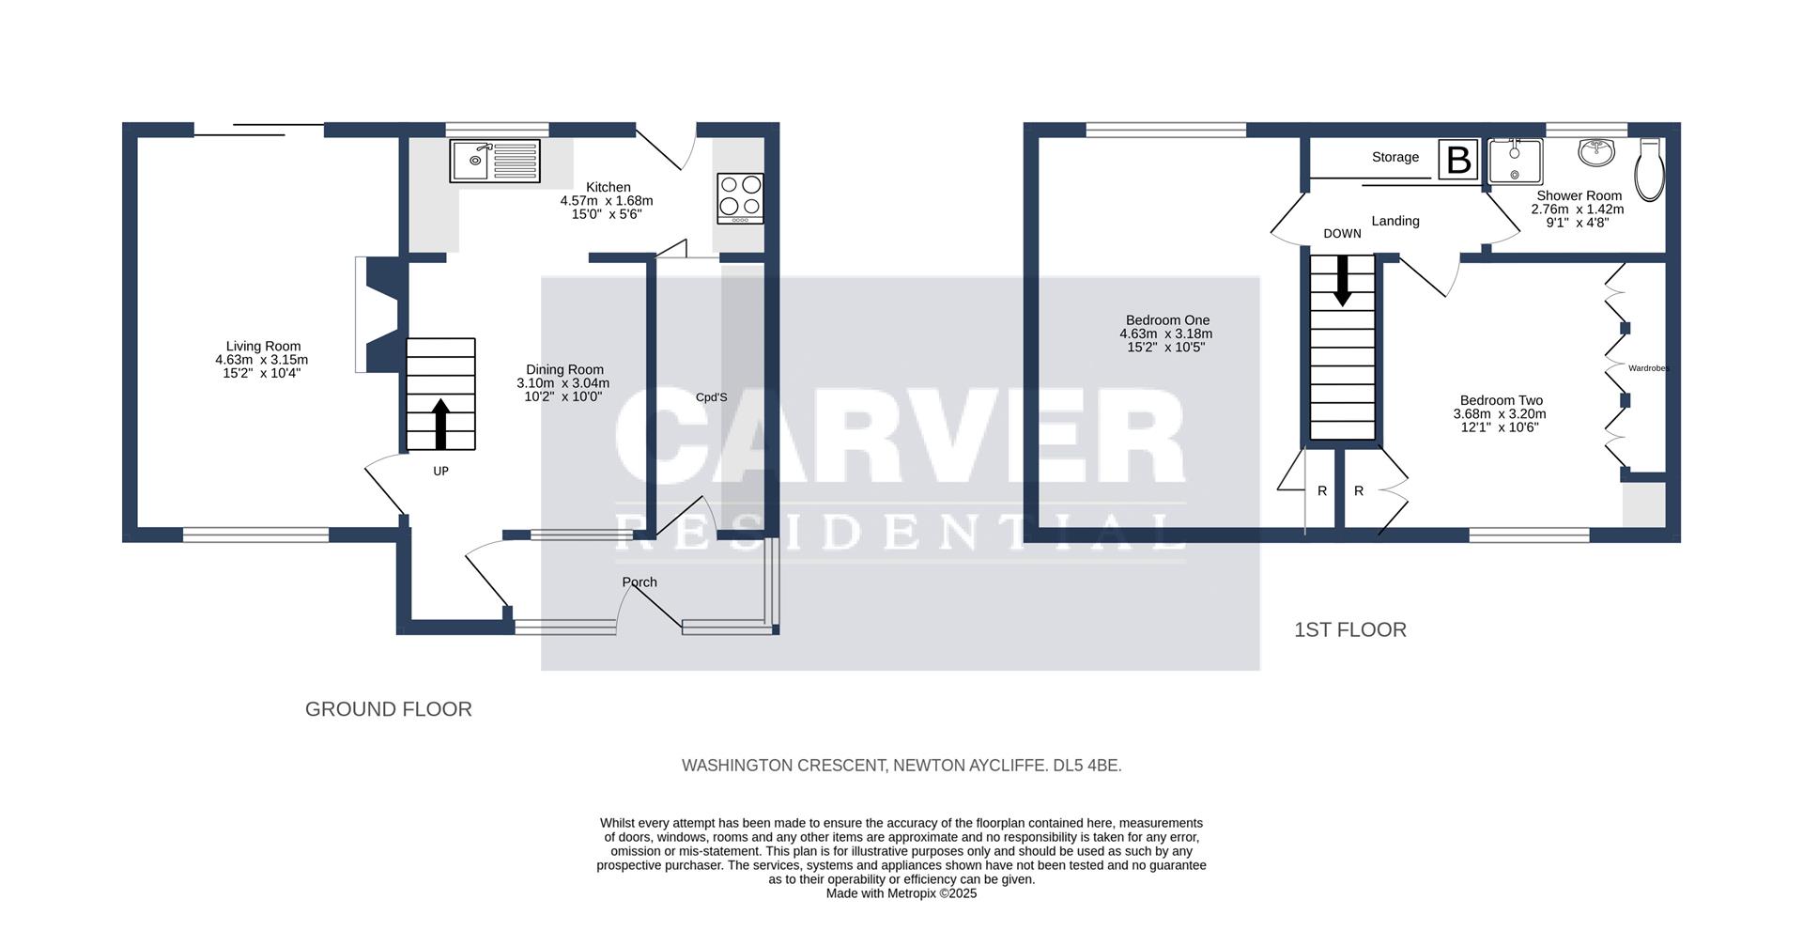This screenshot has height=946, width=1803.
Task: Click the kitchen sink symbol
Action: click(495, 161)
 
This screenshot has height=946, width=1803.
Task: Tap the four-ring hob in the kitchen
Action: click(740, 198)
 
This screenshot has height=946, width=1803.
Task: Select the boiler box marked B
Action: click(1458, 160)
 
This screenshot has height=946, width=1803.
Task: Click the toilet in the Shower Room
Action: click(1649, 172)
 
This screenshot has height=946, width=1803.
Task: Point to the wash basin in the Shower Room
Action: click(1595, 152)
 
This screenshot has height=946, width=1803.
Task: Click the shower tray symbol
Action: click(1515, 162)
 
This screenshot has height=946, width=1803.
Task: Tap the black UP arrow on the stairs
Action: click(440, 424)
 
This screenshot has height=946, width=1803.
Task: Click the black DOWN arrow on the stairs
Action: click(1342, 280)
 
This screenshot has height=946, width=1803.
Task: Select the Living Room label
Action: click(263, 347)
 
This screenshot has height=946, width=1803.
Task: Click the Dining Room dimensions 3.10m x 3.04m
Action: click(563, 383)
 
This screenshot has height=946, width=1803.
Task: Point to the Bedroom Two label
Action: click(1501, 400)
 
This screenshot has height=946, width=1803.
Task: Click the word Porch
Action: click(640, 582)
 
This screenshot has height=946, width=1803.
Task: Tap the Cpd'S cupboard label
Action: click(711, 397)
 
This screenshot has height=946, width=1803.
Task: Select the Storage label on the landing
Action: click(1395, 157)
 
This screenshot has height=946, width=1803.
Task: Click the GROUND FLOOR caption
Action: click(388, 709)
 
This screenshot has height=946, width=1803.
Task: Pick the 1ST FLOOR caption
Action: click(1349, 630)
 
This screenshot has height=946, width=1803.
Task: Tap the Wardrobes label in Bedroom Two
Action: click(1648, 368)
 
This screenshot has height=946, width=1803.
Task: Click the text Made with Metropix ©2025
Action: click(901, 893)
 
